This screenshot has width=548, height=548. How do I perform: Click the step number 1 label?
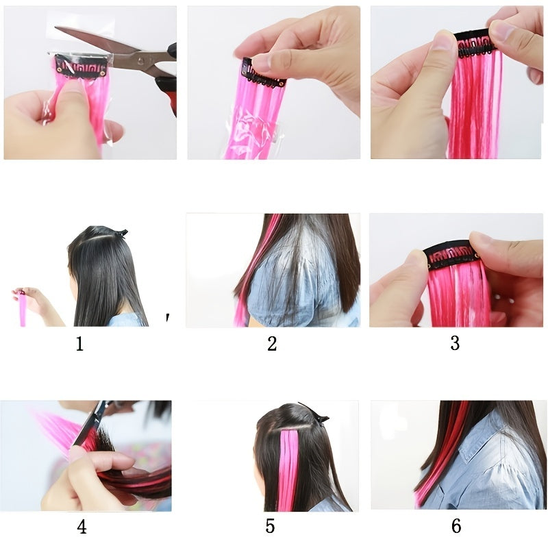pos(79,343)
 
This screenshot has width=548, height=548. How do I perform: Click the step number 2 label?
pos(272,343)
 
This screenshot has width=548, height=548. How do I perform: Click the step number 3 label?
pos(455,343)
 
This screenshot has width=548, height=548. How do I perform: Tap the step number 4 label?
pos(82,527)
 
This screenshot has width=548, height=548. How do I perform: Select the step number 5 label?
pos(270,526)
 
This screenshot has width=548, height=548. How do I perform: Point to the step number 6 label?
pos(456,526)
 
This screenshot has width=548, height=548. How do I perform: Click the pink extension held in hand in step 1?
pos(23,312)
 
